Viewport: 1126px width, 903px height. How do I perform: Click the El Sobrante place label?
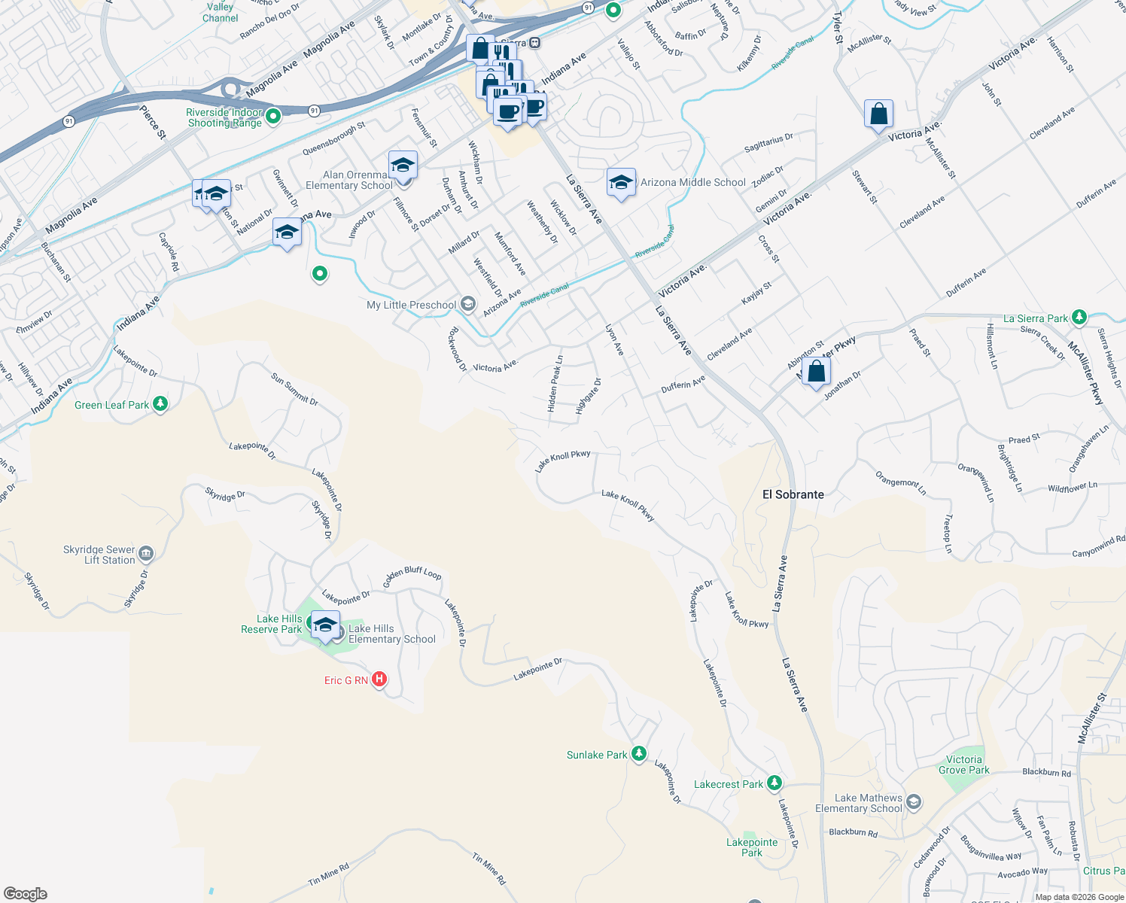coord(793,494)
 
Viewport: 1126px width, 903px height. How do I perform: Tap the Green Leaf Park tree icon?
coord(160,404)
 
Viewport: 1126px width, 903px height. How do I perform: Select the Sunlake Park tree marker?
coord(638,753)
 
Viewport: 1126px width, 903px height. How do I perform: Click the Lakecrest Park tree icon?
coord(775,783)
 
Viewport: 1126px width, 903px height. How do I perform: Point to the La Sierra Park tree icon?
coord(1079,318)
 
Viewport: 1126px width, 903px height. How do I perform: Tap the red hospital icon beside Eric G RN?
coord(379,680)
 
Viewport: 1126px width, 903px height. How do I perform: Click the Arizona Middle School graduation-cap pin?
coord(621,183)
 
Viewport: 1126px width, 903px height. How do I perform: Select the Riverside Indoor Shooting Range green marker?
coord(273,116)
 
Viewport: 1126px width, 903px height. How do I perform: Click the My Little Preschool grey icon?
coord(467,304)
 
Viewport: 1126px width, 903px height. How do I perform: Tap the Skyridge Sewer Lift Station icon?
coord(146,555)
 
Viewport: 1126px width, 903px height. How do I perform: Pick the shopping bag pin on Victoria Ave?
coord(878,114)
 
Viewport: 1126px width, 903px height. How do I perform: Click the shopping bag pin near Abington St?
coord(816,372)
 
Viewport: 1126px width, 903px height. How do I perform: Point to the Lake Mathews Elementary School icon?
coord(914,802)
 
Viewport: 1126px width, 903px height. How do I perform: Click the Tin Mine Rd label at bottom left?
coord(329,874)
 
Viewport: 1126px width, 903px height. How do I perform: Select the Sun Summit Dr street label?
coord(294,388)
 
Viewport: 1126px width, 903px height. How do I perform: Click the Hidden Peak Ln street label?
coord(555,384)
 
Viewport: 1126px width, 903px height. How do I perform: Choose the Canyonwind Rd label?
coord(1098,547)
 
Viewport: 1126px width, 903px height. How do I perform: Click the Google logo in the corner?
coord(25,894)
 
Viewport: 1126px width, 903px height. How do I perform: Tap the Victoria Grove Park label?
coord(963,765)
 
